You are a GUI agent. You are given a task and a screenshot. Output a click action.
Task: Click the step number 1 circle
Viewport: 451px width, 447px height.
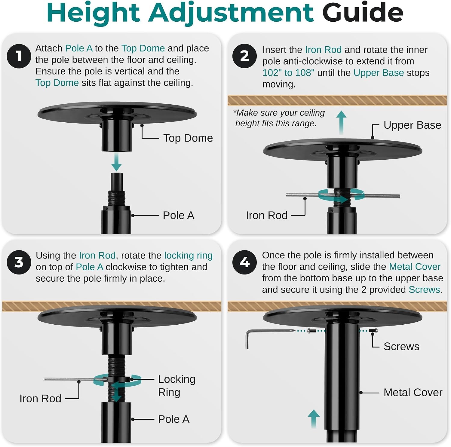[x=19, y=56]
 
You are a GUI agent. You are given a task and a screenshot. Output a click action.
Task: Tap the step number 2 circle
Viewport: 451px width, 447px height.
[x=244, y=56]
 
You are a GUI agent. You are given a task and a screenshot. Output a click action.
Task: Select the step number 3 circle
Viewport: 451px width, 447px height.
[x=19, y=262]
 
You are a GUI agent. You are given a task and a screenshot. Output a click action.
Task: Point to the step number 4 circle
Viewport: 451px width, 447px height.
[x=244, y=262]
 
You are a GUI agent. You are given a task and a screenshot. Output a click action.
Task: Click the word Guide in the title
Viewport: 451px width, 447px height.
[x=363, y=13]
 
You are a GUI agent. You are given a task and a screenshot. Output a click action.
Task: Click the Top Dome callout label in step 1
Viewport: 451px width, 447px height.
[x=188, y=138]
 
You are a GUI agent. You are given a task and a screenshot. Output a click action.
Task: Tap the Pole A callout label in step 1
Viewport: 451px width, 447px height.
[x=179, y=215]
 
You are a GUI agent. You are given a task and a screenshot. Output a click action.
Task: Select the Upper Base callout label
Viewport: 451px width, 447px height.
[x=412, y=125]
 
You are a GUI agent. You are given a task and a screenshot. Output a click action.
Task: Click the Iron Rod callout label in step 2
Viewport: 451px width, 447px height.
[x=266, y=215]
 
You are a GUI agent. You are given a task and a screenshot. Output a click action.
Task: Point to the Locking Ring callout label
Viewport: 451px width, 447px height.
[x=176, y=386]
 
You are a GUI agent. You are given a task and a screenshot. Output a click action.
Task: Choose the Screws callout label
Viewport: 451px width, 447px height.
[x=401, y=347]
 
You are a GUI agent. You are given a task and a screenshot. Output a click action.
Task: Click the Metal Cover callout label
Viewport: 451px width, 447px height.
[x=413, y=392]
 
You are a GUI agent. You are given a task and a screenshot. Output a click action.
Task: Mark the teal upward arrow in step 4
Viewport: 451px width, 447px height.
[x=314, y=419]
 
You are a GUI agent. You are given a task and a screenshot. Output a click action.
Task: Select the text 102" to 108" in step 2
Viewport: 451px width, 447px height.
[x=288, y=73]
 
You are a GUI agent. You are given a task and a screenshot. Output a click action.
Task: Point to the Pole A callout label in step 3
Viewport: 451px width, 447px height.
[x=174, y=419]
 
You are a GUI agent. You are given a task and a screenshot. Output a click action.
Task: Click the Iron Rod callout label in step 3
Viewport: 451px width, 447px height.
[x=40, y=398]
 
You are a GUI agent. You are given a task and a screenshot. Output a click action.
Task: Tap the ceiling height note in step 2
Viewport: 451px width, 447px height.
[x=279, y=118]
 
